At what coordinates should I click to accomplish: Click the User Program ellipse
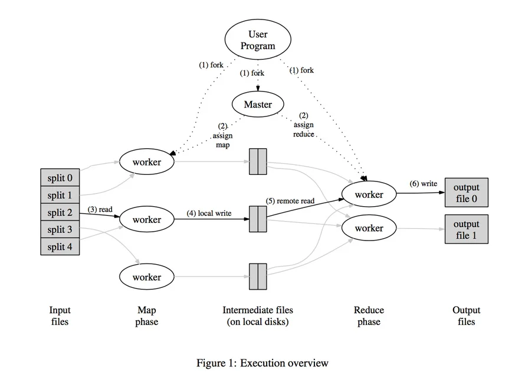258,40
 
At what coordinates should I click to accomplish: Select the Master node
258,104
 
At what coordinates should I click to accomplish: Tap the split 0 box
60,177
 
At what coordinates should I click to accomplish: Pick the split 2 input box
60,212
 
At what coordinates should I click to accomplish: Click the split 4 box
60,246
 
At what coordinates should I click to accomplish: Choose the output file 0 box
467,193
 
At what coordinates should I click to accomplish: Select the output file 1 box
467,229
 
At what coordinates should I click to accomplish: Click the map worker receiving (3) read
147,219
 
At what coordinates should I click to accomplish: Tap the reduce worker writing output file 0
369,194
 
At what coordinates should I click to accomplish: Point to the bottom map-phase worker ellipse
147,277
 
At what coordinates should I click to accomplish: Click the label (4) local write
209,213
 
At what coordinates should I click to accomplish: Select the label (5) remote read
290,201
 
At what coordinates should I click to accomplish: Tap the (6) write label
423,183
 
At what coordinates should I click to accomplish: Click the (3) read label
100,209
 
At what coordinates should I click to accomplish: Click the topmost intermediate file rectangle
258,162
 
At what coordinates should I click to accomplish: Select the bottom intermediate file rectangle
258,277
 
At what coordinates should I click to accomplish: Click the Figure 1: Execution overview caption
262,363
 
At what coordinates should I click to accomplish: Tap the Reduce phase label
369,316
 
